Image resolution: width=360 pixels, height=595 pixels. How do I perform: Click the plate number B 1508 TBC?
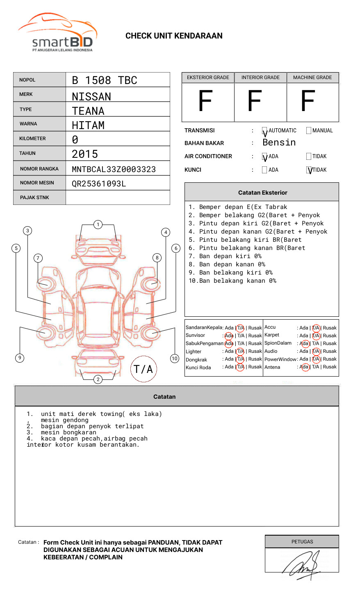click(x=104, y=80)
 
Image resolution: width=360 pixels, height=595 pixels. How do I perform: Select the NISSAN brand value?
click(x=91, y=97)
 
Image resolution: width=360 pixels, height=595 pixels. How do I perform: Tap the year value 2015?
click(x=85, y=154)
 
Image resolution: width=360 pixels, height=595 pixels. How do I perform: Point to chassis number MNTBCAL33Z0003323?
click(x=114, y=169)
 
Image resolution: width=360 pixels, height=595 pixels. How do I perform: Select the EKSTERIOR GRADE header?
click(x=208, y=77)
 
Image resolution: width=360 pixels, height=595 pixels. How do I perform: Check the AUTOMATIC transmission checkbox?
click(x=264, y=131)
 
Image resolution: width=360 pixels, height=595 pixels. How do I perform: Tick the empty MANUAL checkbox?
click(x=309, y=131)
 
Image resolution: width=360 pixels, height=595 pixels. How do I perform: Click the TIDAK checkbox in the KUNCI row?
click(x=309, y=170)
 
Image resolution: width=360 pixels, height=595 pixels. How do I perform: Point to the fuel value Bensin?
click(x=279, y=143)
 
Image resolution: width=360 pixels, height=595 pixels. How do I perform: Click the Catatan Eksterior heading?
click(x=262, y=193)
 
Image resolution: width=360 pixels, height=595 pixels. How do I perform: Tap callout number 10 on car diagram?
click(x=175, y=359)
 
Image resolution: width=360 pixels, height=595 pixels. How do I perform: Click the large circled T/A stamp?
click(x=143, y=369)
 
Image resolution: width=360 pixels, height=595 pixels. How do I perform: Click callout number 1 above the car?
click(x=98, y=225)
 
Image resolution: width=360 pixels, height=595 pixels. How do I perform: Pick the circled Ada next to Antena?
click(x=305, y=367)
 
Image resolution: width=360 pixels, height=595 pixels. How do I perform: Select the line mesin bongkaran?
click(x=68, y=433)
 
